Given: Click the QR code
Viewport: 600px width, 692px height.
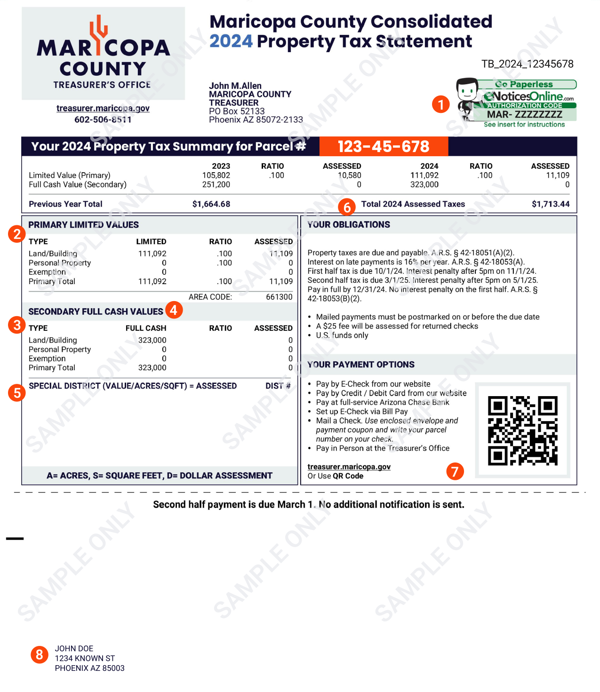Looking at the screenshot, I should point(522,430).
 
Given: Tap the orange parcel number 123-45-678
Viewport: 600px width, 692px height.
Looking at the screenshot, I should point(383,146).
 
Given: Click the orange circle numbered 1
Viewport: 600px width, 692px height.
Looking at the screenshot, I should point(441,104).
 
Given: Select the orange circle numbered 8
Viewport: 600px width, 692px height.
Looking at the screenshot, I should point(40,654).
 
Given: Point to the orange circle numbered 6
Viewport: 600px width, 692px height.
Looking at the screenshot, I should point(347,207).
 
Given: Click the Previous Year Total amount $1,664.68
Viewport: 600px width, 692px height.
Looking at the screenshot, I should point(211,204).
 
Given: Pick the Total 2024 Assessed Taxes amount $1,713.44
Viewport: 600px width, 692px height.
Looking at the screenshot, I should point(550,204).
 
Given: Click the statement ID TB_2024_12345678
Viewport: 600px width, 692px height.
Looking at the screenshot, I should point(527,64).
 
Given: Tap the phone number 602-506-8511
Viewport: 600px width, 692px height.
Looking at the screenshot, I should point(103,119).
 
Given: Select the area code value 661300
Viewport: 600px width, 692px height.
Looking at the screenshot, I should point(279,297).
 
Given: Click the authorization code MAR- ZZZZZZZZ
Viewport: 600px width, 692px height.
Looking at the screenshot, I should point(524,114).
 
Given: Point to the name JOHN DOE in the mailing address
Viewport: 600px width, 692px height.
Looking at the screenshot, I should point(74,648).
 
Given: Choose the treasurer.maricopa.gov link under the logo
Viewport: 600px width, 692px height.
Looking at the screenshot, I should point(103,108).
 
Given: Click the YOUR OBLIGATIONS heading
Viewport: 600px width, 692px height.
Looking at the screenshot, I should point(349,224).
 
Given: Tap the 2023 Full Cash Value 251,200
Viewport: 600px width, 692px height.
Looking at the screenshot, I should point(216,184).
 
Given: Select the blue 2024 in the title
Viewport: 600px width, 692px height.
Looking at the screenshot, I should point(231,41).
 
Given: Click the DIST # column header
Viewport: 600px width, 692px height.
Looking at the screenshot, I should point(278,386).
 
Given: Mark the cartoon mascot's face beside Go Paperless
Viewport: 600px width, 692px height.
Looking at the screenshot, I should point(467,89).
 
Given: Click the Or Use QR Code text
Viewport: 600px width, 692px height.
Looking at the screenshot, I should point(336,476).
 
